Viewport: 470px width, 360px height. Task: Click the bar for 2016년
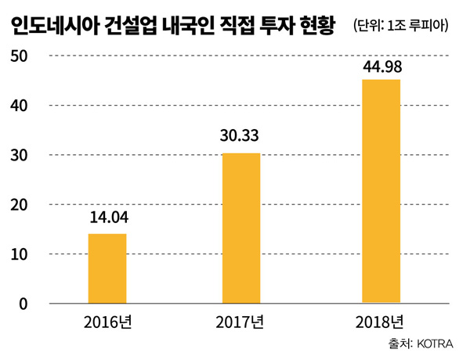[107, 268]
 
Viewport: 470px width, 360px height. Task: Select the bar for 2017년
[241, 228]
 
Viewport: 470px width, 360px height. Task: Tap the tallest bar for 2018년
[381, 190]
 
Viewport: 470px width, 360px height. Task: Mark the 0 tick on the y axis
[23, 304]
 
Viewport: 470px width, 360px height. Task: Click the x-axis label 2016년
[107, 321]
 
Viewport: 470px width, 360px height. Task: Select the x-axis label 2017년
[241, 321]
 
